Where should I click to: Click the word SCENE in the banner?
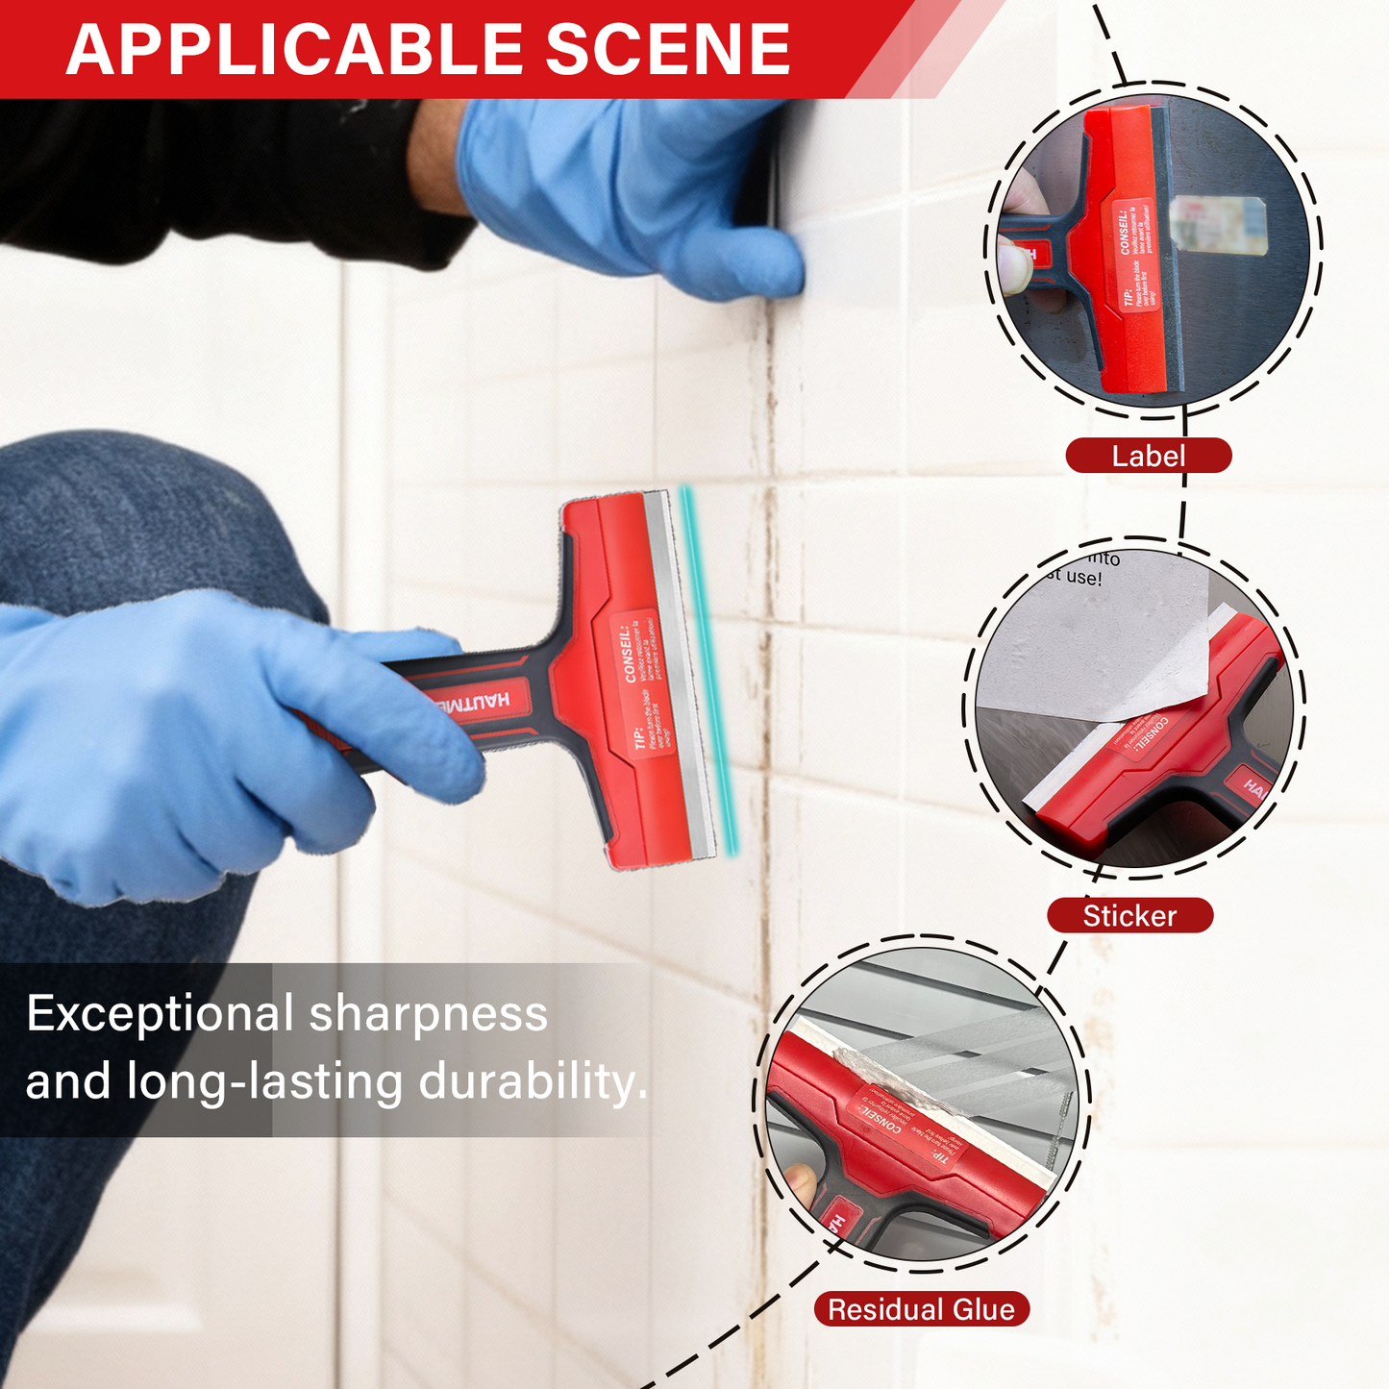[668, 50]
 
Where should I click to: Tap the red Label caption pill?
[1148, 456]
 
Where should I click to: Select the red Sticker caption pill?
[1129, 915]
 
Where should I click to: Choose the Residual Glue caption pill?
[921, 1309]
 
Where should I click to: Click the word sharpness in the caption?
[428, 1014]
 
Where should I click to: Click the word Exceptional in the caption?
[160, 1014]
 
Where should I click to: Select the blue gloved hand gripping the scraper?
[221, 731]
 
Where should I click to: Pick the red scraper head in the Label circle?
[1125, 250]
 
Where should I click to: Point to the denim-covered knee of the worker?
[144, 519]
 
